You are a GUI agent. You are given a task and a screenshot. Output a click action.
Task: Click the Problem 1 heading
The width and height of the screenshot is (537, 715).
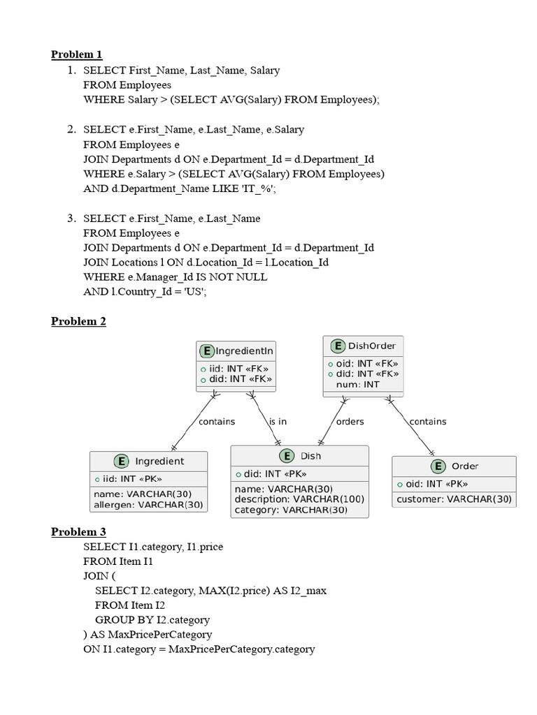(x=77, y=54)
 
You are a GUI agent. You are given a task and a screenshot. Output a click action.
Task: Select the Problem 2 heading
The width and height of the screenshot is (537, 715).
(x=78, y=321)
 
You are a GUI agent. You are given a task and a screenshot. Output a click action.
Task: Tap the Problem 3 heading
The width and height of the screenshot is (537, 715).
(x=78, y=532)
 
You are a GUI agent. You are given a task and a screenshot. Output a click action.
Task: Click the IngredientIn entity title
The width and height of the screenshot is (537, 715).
(x=244, y=351)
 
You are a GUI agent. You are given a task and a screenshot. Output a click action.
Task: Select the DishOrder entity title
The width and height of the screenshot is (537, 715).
(x=371, y=346)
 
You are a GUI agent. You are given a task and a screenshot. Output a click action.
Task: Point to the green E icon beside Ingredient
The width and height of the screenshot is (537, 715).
(x=121, y=461)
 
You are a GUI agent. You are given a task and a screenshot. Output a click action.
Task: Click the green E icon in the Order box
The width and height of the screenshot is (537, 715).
(x=438, y=466)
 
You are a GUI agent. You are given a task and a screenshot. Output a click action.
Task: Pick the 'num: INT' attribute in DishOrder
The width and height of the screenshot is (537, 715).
(x=357, y=384)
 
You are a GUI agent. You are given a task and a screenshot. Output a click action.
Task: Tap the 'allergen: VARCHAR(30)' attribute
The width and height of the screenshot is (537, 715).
(x=148, y=504)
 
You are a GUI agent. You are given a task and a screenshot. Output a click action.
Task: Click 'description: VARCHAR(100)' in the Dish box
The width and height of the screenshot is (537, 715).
(x=299, y=499)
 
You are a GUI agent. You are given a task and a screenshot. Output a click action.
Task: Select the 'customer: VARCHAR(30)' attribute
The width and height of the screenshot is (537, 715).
(x=454, y=499)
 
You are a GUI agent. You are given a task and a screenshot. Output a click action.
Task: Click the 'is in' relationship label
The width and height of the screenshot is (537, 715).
(x=278, y=422)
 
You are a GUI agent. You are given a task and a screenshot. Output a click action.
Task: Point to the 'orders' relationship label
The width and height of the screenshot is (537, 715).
(x=350, y=422)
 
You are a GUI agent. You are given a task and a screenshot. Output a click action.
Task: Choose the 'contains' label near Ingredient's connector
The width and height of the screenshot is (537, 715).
(x=217, y=422)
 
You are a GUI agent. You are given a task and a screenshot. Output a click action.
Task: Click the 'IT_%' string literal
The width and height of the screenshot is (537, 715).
(x=256, y=189)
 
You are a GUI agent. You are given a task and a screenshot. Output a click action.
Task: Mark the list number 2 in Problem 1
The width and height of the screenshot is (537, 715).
(x=71, y=129)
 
